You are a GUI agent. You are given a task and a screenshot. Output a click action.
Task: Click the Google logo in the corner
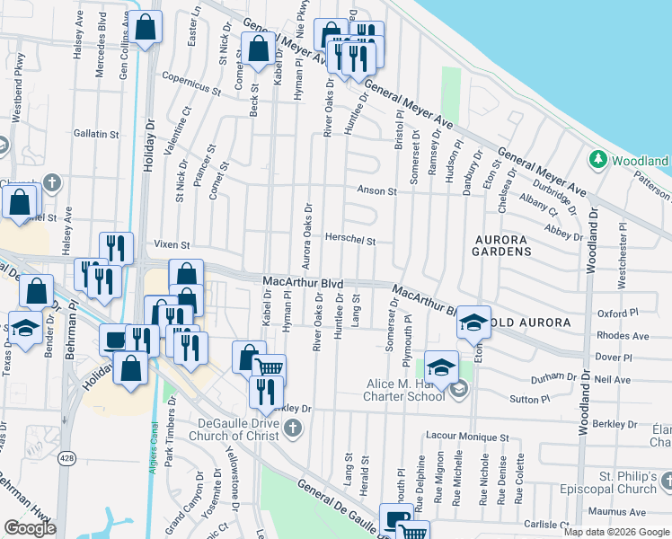[30, 528]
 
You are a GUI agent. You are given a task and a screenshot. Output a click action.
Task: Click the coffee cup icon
[114, 340]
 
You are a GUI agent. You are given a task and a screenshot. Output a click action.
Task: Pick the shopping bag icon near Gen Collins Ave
[145, 28]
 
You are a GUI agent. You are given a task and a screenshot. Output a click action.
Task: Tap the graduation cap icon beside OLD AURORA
[473, 323]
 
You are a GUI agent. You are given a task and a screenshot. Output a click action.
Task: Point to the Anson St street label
[376, 190]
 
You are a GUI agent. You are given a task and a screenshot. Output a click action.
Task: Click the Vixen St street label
[172, 244]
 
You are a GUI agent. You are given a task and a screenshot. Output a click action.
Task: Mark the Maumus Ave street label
[625, 512]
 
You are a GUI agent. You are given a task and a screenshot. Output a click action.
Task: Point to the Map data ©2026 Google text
[616, 532]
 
